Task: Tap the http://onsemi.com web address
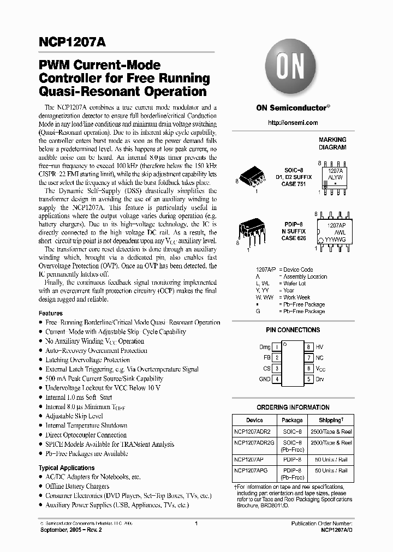click(x=293, y=123)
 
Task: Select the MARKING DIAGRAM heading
click(x=332, y=143)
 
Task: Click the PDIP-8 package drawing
click(x=252, y=230)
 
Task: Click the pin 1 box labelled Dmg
click(x=277, y=347)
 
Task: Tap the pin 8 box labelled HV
click(x=308, y=347)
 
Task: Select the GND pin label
click(x=265, y=379)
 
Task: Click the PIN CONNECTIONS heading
click(x=293, y=330)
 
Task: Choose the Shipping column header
click(x=331, y=421)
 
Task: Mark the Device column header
click(x=254, y=421)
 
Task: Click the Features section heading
click(x=51, y=314)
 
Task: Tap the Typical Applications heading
click(x=67, y=468)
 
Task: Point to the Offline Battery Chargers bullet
click(x=77, y=487)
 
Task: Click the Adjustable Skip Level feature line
click(x=74, y=416)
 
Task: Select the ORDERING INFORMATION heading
click(x=293, y=407)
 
